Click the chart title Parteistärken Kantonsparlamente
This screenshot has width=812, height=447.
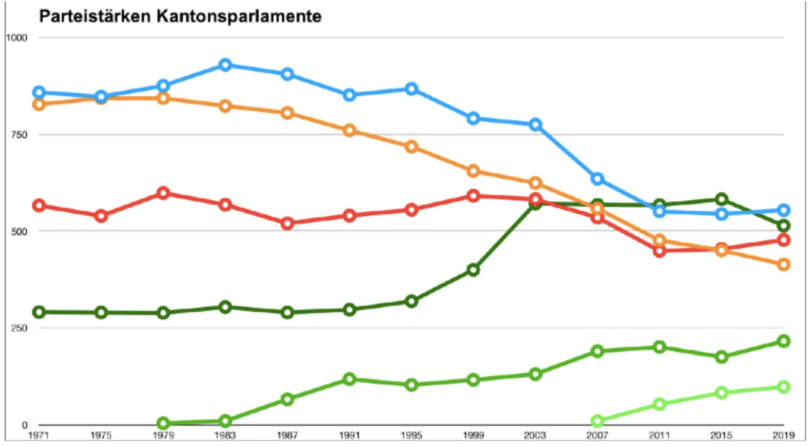pyautogui.click(x=181, y=17)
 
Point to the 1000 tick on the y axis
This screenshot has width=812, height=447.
pyautogui.click(x=16, y=38)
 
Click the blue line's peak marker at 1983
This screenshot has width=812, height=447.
pyautogui.click(x=225, y=65)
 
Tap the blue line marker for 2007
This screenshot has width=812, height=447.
pyautogui.click(x=598, y=179)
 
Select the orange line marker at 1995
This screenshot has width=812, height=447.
pyautogui.click(x=411, y=146)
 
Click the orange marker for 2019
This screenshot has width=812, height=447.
pyautogui.click(x=784, y=264)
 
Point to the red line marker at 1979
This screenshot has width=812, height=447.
pyautogui.click(x=163, y=193)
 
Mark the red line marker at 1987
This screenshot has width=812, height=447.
pyautogui.click(x=288, y=223)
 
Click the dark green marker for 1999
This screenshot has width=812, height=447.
pyautogui.click(x=473, y=270)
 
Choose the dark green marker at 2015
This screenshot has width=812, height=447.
pyautogui.click(x=722, y=199)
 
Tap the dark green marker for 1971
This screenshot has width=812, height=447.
pyautogui.click(x=39, y=312)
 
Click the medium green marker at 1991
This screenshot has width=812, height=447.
pyautogui.click(x=350, y=379)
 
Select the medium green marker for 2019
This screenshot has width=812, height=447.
pyautogui.click(x=784, y=341)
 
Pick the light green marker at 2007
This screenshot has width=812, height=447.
pyautogui.click(x=598, y=421)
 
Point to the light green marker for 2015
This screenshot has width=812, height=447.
pyautogui.click(x=722, y=393)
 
